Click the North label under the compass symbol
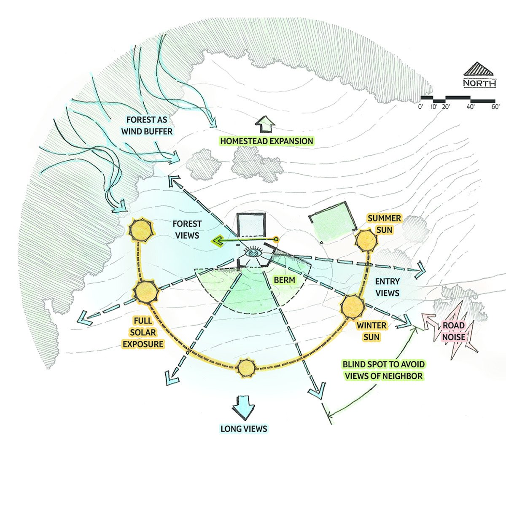tap(479, 83)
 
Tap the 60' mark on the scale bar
tap(495, 107)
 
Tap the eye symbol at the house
tap(253, 252)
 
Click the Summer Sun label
tap(384, 224)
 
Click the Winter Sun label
tap(371, 331)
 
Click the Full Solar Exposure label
tap(143, 332)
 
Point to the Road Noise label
tap(453, 331)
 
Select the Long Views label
tap(244, 429)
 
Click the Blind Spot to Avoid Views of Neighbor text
tap(382, 369)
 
